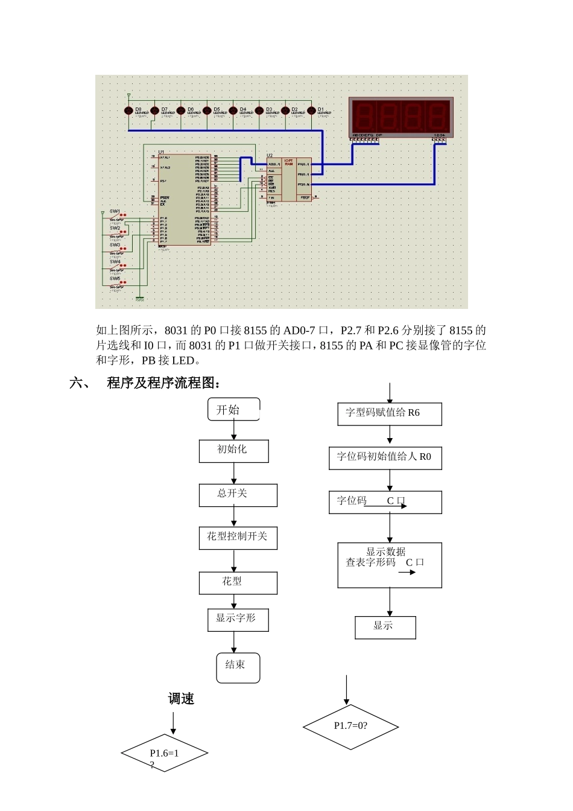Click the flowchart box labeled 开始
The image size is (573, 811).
(233, 410)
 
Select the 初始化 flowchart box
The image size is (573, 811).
(233, 451)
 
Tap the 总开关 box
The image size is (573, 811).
(238, 495)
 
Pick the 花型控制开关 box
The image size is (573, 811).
(238, 538)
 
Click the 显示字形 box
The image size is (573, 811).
(238, 619)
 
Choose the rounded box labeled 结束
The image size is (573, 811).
(238, 667)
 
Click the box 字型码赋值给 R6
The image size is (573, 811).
(389, 414)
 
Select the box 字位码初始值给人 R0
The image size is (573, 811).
(385, 458)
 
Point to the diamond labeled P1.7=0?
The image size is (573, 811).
(350, 727)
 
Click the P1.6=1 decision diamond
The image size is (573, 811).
(164, 753)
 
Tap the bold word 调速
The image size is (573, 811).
(181, 699)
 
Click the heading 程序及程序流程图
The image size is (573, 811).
(163, 383)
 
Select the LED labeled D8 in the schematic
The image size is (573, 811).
(128, 111)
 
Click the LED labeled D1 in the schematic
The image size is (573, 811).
(311, 111)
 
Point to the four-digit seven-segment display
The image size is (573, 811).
(400, 117)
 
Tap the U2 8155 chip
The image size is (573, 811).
(289, 179)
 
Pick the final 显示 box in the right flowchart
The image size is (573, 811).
(385, 627)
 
